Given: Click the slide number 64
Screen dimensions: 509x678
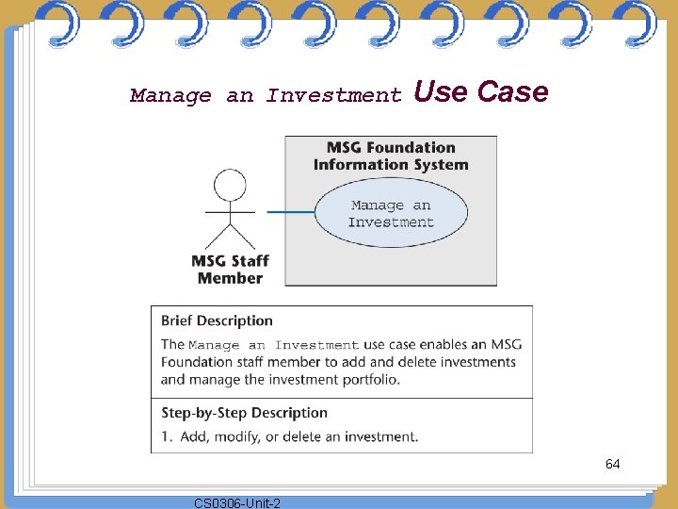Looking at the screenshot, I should click(612, 464).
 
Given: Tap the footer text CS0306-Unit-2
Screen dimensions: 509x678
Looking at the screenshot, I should click(236, 503).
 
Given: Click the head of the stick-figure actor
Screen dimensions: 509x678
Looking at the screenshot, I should click(230, 183).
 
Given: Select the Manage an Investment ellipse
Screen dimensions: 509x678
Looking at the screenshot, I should click(391, 214).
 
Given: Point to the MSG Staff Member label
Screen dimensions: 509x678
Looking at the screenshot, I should click(230, 270).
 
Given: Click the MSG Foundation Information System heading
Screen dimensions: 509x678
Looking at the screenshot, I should click(391, 156).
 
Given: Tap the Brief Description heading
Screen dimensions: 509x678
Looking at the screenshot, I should click(217, 320).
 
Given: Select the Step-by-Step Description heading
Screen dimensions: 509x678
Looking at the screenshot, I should click(244, 413).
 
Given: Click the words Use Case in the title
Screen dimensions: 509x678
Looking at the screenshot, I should click(480, 92).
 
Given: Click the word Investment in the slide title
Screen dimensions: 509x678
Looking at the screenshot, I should click(333, 95).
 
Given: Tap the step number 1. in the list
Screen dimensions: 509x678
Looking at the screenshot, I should click(166, 436).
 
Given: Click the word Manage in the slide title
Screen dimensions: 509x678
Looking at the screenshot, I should click(170, 95).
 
